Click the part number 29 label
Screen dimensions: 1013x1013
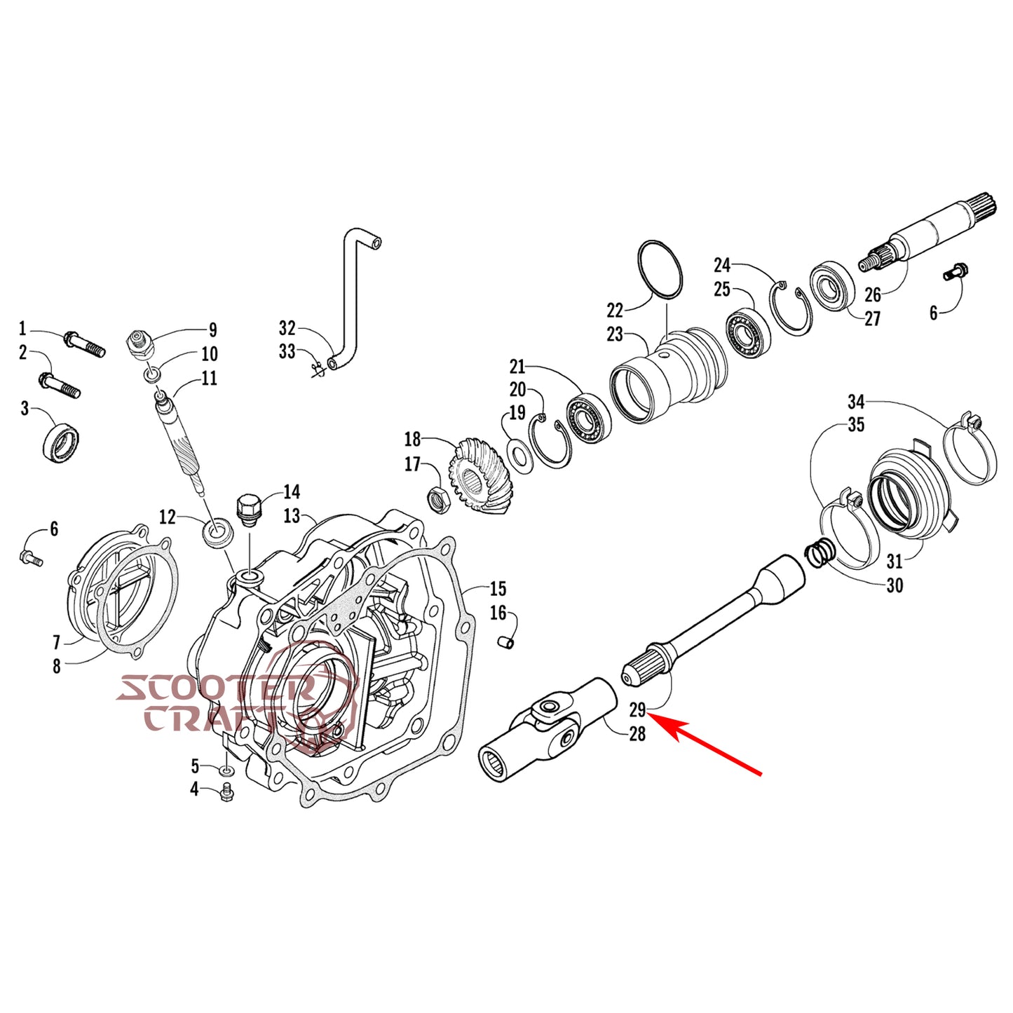(637, 710)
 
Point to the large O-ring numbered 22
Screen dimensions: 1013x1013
(660, 272)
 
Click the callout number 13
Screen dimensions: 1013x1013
(291, 515)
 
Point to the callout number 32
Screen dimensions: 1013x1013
(287, 328)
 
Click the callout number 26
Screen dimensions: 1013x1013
(873, 294)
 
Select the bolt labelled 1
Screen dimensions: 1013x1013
(85, 344)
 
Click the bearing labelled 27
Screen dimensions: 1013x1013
(829, 285)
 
